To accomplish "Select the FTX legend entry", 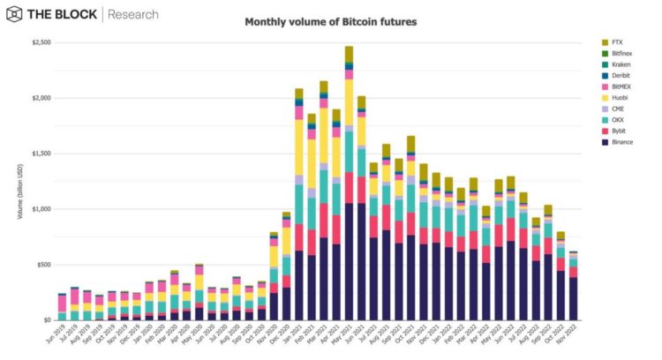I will pos(614,42).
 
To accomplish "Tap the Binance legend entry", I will pos(620,141).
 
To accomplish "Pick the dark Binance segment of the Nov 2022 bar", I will pos(573,300).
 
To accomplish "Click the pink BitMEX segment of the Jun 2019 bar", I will pos(62,303).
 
